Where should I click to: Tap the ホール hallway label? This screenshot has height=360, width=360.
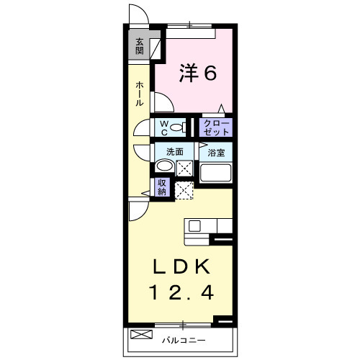139,94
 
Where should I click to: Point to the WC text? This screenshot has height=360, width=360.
164,128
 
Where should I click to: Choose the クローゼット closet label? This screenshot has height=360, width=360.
217,128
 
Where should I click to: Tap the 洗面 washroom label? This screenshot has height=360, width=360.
174,152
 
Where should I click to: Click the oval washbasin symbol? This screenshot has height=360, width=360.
165,168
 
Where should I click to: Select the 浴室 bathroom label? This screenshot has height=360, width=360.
216,153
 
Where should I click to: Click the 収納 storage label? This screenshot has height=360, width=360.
163,187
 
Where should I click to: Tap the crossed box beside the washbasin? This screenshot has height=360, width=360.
184,169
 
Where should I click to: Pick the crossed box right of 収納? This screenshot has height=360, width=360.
184,190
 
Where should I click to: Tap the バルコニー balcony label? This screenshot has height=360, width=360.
183,339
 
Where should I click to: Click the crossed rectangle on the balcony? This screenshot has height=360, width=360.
142,333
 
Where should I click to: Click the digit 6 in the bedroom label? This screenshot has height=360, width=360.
210,73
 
